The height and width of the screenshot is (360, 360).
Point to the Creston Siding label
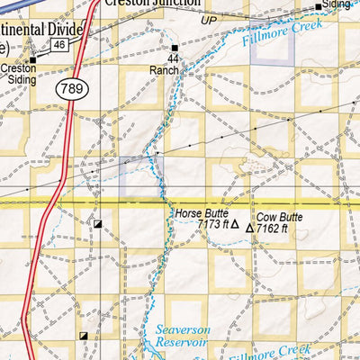18,73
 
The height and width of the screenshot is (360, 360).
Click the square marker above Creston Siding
32,60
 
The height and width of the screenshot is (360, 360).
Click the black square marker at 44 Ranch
174,47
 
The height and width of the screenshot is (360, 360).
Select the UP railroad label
209,20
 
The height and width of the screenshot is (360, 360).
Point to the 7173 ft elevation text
214,227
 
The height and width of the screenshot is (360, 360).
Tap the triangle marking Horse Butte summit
237,228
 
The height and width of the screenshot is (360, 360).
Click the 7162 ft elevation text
272,229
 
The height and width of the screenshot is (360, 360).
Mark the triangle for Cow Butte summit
250,229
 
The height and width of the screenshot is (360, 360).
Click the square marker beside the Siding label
319,6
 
